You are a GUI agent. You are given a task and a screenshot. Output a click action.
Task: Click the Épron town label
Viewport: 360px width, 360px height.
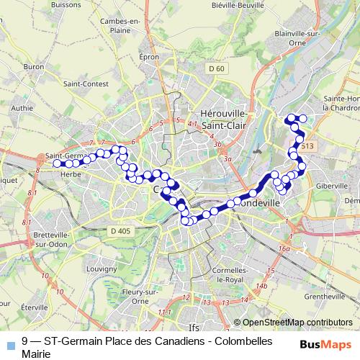click(149, 56)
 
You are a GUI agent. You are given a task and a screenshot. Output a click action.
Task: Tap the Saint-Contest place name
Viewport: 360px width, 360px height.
click(81, 84)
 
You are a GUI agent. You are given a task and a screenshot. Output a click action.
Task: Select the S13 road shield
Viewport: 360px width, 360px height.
click(308, 146)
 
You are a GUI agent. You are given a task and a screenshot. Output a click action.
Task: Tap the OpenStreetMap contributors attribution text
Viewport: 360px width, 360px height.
click(298, 322)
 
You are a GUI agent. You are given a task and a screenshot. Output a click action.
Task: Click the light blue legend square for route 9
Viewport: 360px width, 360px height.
click(10, 345)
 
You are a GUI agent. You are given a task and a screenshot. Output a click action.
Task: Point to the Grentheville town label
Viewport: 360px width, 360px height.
click(325, 296)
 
